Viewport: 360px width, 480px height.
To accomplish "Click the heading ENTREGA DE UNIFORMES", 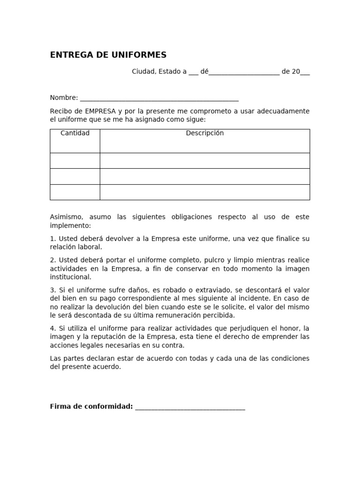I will tap(108, 55).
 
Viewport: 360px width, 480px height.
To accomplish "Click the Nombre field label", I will tap(63, 97).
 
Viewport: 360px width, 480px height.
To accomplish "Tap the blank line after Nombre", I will tap(159, 99).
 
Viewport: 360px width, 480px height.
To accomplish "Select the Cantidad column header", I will tap(75, 133).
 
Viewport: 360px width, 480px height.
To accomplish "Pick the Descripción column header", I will tap(205, 133).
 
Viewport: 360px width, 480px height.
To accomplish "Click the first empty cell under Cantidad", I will tap(75, 161).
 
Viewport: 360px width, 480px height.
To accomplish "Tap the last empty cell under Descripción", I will tap(205, 192).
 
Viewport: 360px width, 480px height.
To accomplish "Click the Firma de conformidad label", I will tap(91, 406).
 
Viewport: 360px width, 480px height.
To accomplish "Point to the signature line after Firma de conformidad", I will tap(190, 408).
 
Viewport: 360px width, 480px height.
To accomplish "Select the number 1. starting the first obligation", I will tap(53, 239).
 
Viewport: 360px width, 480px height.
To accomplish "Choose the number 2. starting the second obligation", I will tap(53, 260).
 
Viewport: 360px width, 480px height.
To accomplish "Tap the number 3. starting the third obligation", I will tap(53, 290).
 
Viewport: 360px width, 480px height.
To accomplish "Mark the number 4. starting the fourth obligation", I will tap(53, 328).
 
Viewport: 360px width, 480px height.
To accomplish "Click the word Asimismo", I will tap(67, 217).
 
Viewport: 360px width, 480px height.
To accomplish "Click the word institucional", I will tap(70, 277).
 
